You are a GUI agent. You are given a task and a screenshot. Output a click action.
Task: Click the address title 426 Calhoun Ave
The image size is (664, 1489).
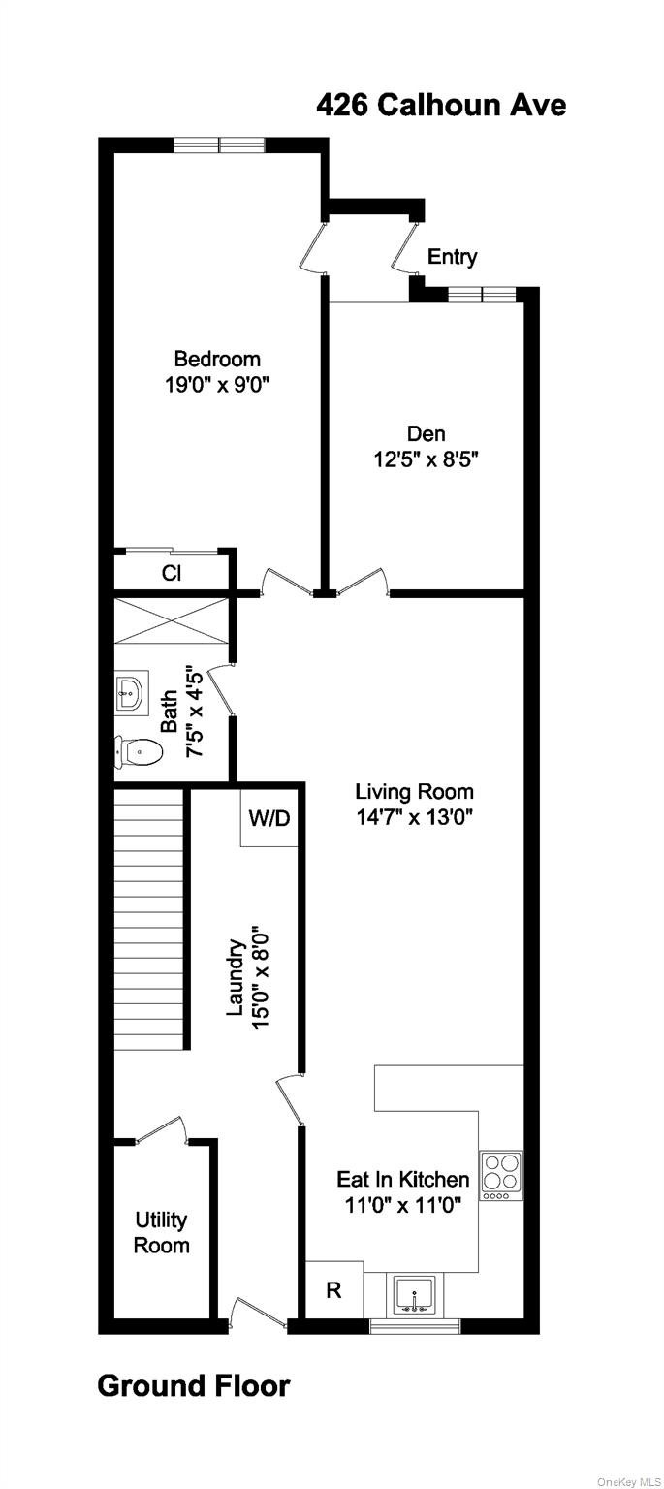(x=441, y=105)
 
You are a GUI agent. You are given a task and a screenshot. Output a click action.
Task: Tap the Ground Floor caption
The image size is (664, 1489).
(x=193, y=1386)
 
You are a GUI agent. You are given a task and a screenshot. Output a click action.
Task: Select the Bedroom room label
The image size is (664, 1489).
(x=217, y=359)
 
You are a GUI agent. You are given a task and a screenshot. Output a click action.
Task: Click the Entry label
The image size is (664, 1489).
(x=452, y=257)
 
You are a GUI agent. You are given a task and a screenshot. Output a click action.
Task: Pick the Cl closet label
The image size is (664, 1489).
(x=172, y=573)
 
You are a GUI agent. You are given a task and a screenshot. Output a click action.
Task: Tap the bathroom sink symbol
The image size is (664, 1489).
(x=129, y=691)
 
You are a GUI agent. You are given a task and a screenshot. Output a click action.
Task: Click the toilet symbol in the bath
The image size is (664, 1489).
(x=140, y=750)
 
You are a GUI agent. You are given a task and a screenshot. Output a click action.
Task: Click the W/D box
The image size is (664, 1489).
(x=269, y=818)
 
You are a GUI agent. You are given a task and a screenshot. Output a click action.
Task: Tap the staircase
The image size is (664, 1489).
(x=149, y=919)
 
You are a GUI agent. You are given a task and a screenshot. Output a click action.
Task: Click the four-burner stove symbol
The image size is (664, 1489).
(x=501, y=1175)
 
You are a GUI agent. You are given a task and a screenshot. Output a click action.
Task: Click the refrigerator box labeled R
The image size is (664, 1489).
(x=333, y=1291)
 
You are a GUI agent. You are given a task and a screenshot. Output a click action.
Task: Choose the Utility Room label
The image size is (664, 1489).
(x=161, y=1232)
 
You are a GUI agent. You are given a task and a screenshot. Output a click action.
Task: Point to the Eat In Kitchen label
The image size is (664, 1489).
(x=402, y=1180)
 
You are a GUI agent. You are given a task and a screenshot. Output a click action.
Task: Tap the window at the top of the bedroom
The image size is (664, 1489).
(x=219, y=145)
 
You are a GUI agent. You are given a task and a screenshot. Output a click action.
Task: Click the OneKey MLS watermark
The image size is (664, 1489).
(x=627, y=1481)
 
